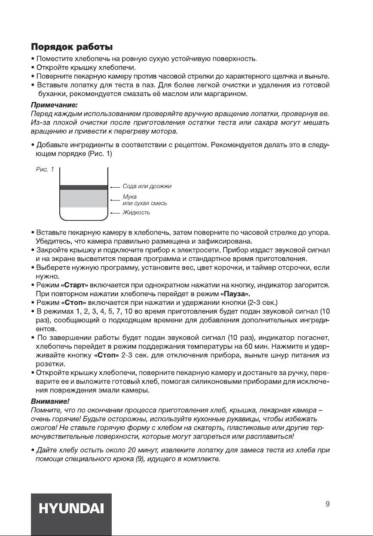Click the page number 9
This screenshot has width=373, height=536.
(x=327, y=505)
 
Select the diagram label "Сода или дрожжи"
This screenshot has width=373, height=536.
(x=147, y=186)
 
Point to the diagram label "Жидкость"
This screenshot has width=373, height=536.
(x=136, y=213)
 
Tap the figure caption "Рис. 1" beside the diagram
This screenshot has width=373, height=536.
(x=45, y=170)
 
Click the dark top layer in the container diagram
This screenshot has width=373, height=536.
(x=83, y=187)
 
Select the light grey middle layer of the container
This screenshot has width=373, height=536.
(x=83, y=198)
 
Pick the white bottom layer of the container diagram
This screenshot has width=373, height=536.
(x=83, y=213)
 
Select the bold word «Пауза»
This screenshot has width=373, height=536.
(x=235, y=294)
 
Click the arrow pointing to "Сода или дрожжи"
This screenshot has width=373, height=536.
(x=114, y=187)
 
